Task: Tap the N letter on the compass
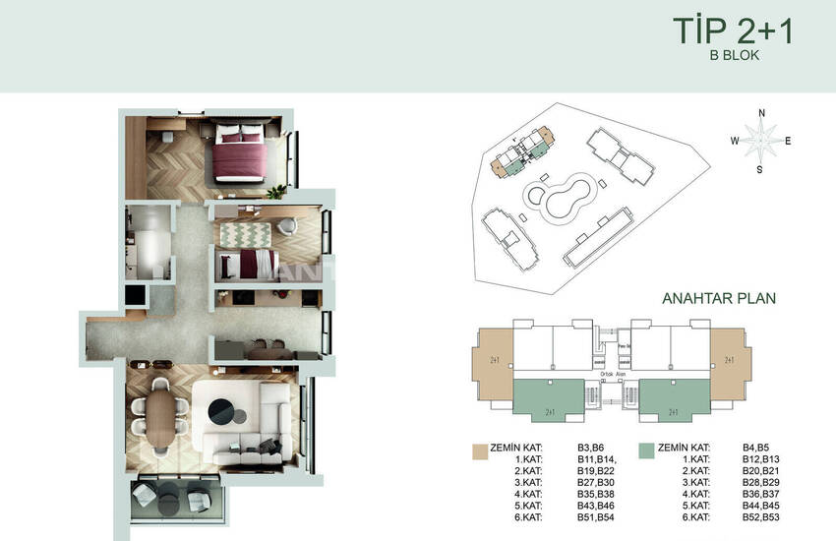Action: point(761,112)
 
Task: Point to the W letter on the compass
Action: point(734,141)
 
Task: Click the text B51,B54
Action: point(596,517)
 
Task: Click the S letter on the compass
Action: point(759,169)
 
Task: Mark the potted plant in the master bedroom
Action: point(280,188)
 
